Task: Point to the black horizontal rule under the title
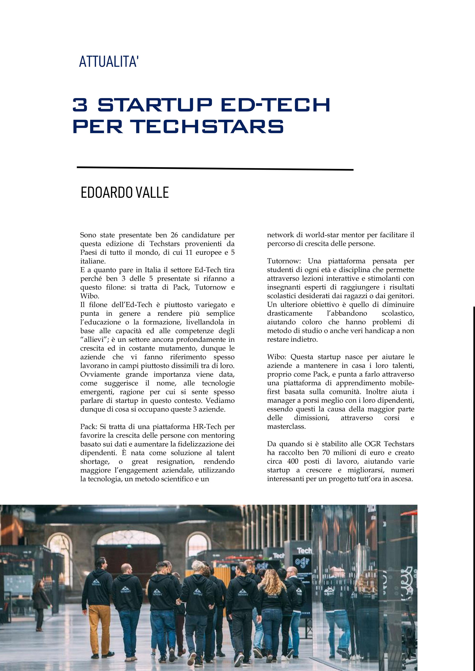pos(215,168)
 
